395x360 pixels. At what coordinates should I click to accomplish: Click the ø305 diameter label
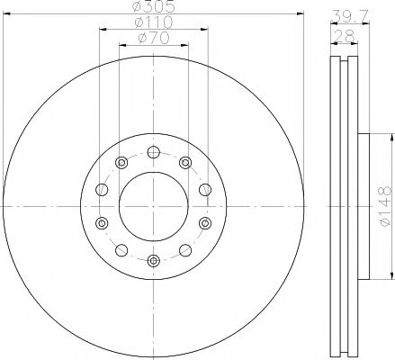[x=152, y=9]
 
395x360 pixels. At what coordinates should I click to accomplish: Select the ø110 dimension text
[x=152, y=22]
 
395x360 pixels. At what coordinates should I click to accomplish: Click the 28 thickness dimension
[x=342, y=36]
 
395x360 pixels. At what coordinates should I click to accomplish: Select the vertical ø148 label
[x=383, y=206]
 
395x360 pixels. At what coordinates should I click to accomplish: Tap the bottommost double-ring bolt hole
[x=152, y=260]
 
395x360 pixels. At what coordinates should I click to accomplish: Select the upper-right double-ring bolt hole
[x=185, y=163]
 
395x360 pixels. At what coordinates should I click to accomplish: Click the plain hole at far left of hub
[x=100, y=189]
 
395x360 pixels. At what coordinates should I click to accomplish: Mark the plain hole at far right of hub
[x=204, y=189]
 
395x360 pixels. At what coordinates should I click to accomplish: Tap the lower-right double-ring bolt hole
[x=204, y=223]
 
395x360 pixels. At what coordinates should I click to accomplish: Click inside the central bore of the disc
[x=152, y=206]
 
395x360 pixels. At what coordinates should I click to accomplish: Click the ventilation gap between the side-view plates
[x=342, y=207]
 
